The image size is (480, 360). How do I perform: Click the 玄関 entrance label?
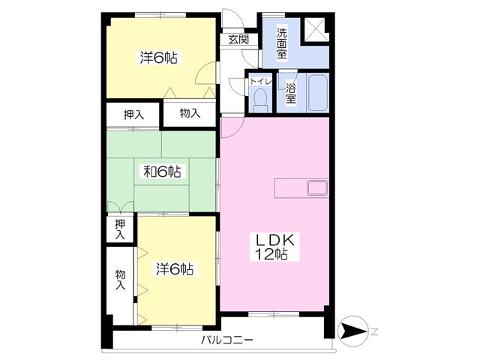coord(238,39)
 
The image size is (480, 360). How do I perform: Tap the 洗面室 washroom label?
coord(282,43)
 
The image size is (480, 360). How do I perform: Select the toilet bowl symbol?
coord(260,100)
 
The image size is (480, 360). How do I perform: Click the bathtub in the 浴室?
coord(318,93)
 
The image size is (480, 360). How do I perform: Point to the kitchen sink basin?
coord(317,187)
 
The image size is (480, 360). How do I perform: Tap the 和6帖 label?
coord(163,172)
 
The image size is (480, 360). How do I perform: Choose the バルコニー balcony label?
coord(227,340)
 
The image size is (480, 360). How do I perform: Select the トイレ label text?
coord(261,81)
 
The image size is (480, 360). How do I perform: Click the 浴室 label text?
coord(291,93)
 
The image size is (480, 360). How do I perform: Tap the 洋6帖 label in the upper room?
coord(159,57)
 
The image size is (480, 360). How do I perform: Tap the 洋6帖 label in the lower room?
coord(175,268)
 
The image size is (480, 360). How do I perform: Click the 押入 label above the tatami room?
coord(133,115)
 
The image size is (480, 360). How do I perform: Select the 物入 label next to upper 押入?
coord(190,113)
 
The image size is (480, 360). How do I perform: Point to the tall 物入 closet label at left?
coord(121,280)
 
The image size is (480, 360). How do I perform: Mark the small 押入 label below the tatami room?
coord(120,229)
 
